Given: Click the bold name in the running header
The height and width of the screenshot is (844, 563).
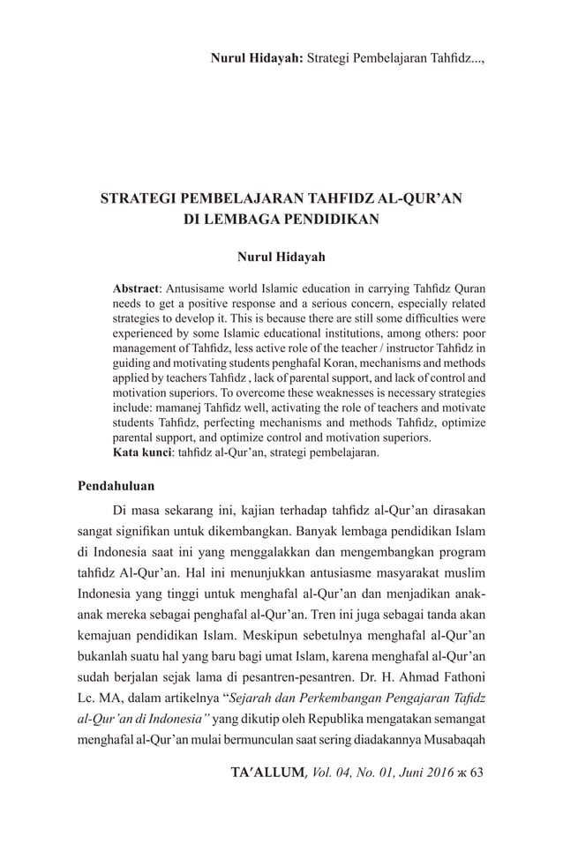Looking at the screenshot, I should (x=257, y=58).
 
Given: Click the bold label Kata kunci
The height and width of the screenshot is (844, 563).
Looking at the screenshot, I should (x=144, y=452).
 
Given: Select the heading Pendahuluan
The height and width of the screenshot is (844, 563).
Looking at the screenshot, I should (x=116, y=485).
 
